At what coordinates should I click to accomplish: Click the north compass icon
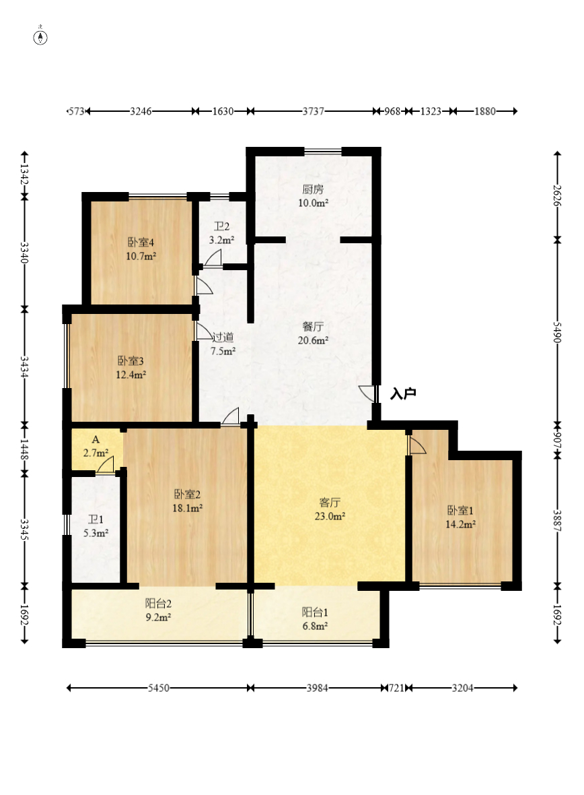[40, 36]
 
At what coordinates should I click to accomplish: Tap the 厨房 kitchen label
[313, 189]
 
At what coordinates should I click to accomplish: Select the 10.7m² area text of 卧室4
[141, 257]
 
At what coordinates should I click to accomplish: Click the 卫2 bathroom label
[222, 226]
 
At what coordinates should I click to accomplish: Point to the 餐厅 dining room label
[313, 327]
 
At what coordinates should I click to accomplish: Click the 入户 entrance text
[403, 393]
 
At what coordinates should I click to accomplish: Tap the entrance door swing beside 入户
[367, 393]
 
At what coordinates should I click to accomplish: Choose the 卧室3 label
[131, 361]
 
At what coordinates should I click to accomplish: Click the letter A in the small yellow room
[96, 439]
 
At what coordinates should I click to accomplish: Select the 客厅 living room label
[330, 503]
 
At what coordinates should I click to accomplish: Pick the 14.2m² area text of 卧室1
[460, 524]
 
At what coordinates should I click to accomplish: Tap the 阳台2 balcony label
[158, 604]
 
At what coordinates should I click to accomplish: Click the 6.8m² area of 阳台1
[315, 626]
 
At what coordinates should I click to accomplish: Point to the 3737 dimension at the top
[314, 111]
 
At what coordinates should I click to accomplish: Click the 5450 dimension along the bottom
[159, 688]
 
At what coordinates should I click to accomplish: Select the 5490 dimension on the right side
[557, 332]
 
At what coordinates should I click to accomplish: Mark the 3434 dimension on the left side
[24, 367]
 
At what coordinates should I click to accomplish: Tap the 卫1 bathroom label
[96, 519]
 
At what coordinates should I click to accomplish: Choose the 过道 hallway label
[223, 337]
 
